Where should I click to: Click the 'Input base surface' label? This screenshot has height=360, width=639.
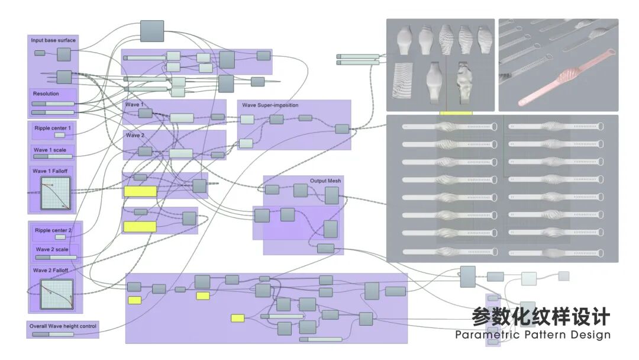pos(53,40)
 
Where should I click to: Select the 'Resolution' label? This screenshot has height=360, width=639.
pos(46,94)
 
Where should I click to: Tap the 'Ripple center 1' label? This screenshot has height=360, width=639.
pos(53,128)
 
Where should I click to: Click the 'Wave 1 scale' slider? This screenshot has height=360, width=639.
pos(53,157)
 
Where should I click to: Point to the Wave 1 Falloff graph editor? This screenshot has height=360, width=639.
pos(56,193)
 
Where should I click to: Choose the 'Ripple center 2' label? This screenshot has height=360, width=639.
pos(53,230)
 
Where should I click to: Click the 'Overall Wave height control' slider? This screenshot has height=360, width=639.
pos(53,334)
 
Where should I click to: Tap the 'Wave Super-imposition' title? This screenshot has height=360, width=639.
pos(270,105)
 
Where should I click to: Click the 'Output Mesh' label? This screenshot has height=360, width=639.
pos(325,181)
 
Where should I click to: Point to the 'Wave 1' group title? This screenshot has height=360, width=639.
pos(134,105)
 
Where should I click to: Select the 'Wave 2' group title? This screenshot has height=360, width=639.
pos(134,136)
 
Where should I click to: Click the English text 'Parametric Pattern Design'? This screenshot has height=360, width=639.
pos(532,335)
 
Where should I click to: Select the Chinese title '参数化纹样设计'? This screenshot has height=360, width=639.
pos(540,317)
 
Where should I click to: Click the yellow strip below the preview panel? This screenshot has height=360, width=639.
pos(456,112)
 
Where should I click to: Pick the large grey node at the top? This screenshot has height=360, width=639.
pos(152,31)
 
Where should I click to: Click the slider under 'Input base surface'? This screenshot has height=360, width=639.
pos(40,53)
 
